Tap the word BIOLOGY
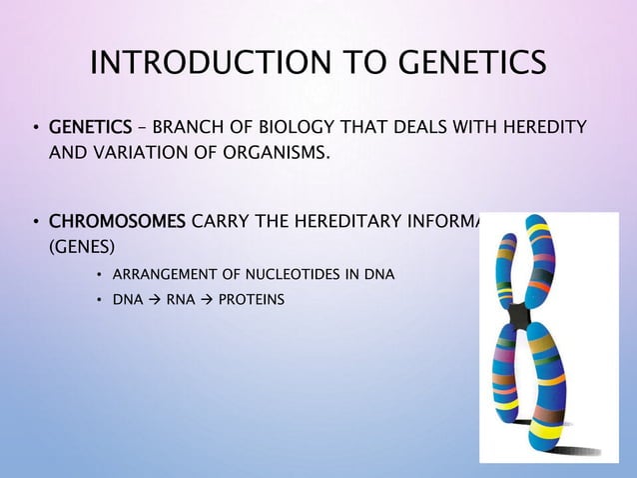(x=299, y=127)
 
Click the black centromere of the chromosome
(x=519, y=316)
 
